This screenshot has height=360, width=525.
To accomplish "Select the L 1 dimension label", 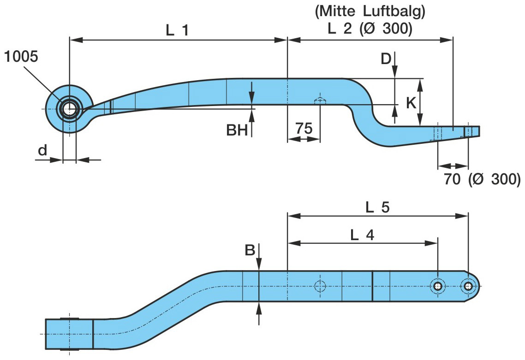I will pyautogui.click(x=177, y=30).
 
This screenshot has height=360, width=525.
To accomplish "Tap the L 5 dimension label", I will pyautogui.click(x=377, y=207).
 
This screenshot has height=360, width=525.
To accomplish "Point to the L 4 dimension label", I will pyautogui.click(x=362, y=235).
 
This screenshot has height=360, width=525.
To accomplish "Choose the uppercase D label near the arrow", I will pyautogui.click(x=386, y=58).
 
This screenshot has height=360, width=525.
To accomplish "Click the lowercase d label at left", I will pyautogui.click(x=42, y=151).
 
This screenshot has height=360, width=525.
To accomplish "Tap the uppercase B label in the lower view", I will pyautogui.click(x=250, y=250).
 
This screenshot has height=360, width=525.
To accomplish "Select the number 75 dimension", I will pyautogui.click(x=304, y=129).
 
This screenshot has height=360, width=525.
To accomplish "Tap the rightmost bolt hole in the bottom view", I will pyautogui.click(x=468, y=286).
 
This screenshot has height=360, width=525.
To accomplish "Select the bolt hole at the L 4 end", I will pyautogui.click(x=437, y=286).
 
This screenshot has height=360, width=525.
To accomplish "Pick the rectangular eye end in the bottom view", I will pyautogui.click(x=69, y=333).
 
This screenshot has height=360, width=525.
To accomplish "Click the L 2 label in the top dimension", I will pyautogui.click(x=339, y=29).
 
